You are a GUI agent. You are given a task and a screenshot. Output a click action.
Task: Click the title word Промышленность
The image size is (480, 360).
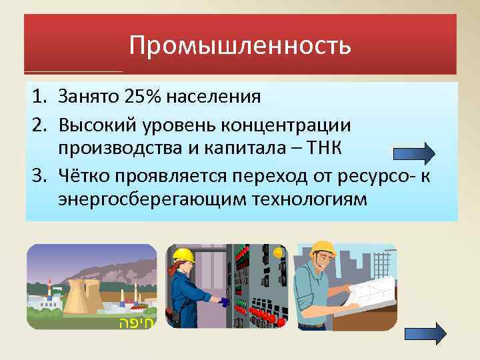click(240, 45)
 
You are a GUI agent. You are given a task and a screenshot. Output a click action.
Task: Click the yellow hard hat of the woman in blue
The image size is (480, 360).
click(183, 255)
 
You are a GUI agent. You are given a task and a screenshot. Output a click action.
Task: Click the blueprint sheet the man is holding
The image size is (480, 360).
click(370, 289)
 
